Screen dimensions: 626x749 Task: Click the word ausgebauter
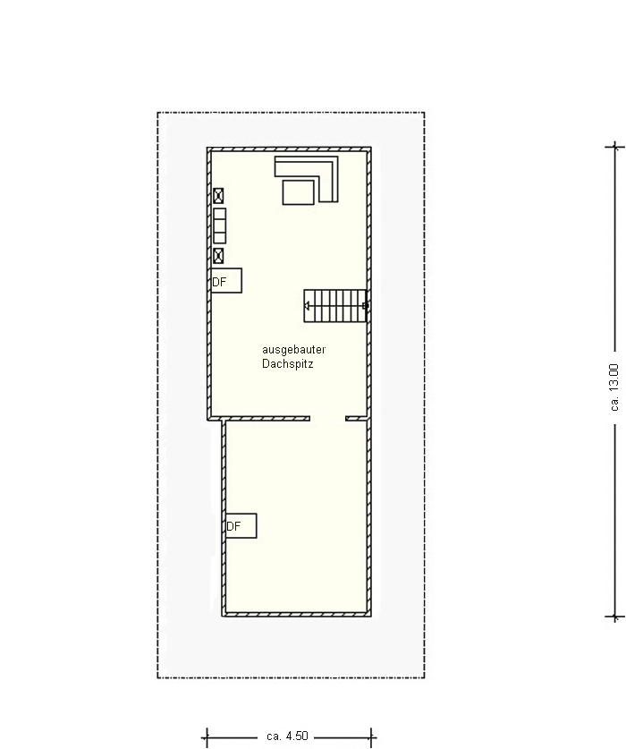[x=293, y=350]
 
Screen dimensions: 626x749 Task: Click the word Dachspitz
[x=287, y=364]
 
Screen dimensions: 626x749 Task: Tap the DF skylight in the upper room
[x=226, y=280]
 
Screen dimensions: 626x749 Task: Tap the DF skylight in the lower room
[x=241, y=526]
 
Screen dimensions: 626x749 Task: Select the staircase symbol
[x=335, y=306]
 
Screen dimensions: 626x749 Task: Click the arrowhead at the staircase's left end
[x=307, y=306]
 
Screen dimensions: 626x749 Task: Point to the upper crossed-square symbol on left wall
[x=218, y=195]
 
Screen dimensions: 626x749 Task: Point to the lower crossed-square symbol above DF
[x=218, y=256]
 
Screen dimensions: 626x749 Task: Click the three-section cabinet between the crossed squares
[x=220, y=226]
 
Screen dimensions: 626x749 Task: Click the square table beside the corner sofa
[x=299, y=192]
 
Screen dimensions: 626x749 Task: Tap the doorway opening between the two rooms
[x=327, y=419]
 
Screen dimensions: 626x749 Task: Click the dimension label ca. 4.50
[x=287, y=736]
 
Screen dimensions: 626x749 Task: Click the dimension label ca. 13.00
[x=614, y=387]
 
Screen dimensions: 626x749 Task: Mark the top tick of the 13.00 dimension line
[x=615, y=147]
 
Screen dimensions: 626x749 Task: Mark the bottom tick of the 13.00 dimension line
[x=615, y=617]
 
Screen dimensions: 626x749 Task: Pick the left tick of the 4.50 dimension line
[x=207, y=737]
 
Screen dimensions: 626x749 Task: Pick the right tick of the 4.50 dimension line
[x=371, y=737]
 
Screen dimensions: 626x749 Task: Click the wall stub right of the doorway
[x=358, y=419]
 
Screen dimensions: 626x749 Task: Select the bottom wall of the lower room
[x=297, y=615]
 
